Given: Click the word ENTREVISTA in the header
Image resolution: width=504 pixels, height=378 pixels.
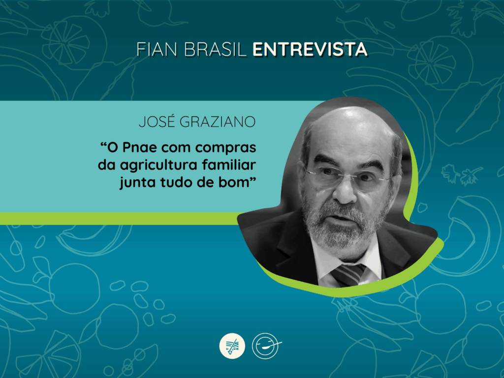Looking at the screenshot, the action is click(x=310, y=49).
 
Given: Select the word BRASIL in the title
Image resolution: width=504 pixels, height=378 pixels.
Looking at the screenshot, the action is click(x=215, y=49).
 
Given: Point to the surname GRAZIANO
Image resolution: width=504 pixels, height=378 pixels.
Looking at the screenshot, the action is click(x=218, y=122).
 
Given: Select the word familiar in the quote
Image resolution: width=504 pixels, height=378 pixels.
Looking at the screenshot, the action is click(x=229, y=165).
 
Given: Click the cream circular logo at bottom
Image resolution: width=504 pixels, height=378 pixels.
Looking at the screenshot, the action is click(x=232, y=346).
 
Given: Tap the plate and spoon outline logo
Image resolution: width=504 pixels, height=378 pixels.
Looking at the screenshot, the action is click(x=265, y=346).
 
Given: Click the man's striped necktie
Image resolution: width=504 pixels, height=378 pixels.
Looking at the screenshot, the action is click(x=348, y=275).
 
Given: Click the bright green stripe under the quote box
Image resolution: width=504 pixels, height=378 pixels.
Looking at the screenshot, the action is click(x=119, y=218).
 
